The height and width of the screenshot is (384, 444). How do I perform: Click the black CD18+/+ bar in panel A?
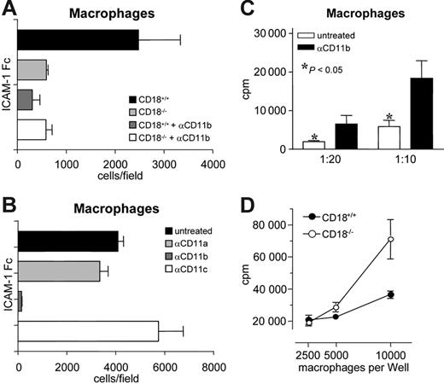pos(77,39)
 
